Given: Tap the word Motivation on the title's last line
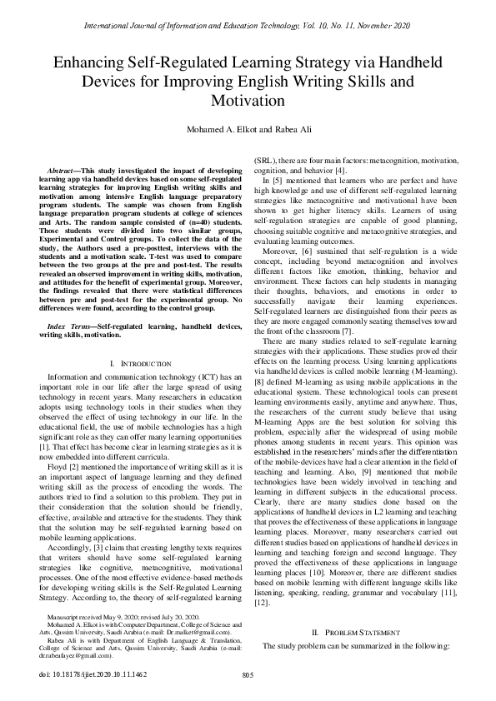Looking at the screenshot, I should [x=248, y=101].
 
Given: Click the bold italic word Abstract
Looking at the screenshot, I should [x=63, y=170].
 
